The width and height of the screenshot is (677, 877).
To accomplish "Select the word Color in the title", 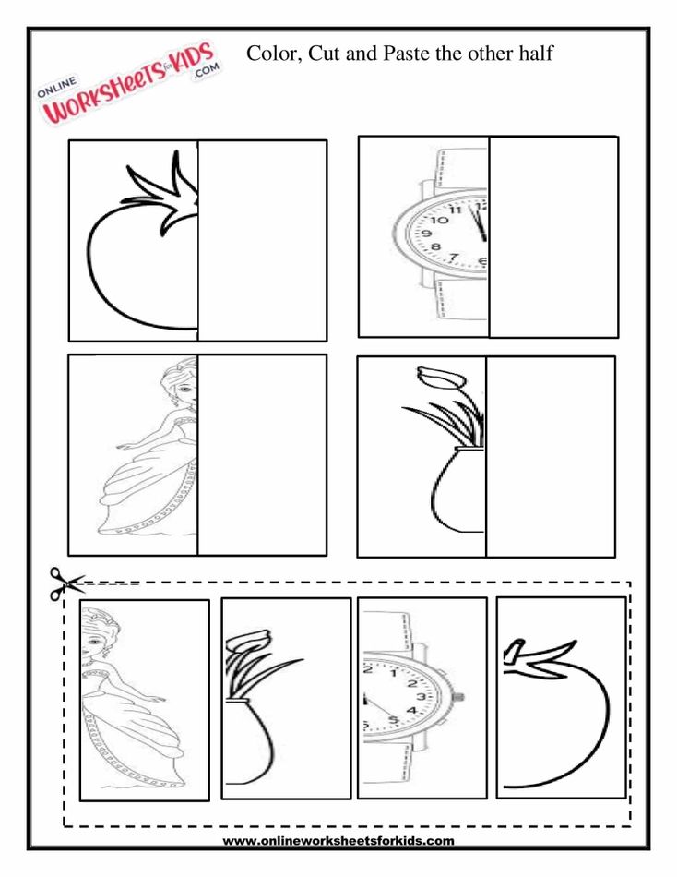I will (x=271, y=54).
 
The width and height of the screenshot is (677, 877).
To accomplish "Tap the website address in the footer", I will (x=338, y=840).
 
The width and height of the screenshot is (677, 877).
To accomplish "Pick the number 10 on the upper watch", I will (x=440, y=221).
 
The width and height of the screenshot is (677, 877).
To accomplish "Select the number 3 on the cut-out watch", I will (x=422, y=696).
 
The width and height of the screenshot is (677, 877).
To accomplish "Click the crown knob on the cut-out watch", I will (x=458, y=697).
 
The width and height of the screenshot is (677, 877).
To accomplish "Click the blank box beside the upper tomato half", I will (x=262, y=240).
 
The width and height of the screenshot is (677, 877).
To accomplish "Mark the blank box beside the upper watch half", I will (x=553, y=236).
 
